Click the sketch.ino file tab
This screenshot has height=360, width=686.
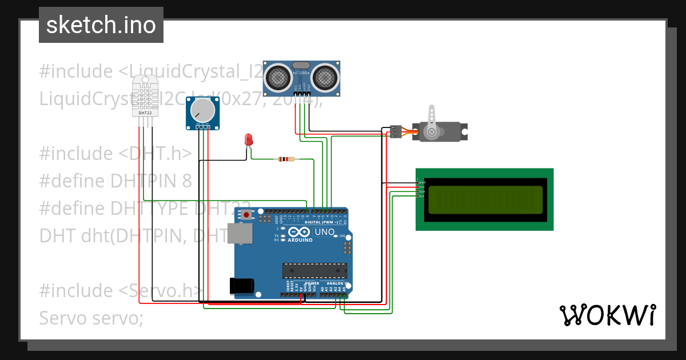tap(101, 25)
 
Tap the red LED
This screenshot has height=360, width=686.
tap(248, 139)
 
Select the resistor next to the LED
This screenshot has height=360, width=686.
tap(286, 159)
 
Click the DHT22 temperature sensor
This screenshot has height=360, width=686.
tap(145, 95)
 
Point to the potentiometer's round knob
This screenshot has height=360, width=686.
tap(203, 110)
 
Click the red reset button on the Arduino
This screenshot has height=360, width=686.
tap(247, 215)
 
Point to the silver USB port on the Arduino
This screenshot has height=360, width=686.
tap(240, 234)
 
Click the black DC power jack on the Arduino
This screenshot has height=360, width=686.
tap(241, 286)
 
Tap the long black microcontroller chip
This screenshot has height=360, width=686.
tap(314, 271)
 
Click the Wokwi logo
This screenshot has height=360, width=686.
tap(607, 315)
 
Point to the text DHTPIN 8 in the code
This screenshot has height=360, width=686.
tap(151, 181)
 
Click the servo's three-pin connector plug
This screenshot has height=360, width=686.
tap(395, 131)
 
